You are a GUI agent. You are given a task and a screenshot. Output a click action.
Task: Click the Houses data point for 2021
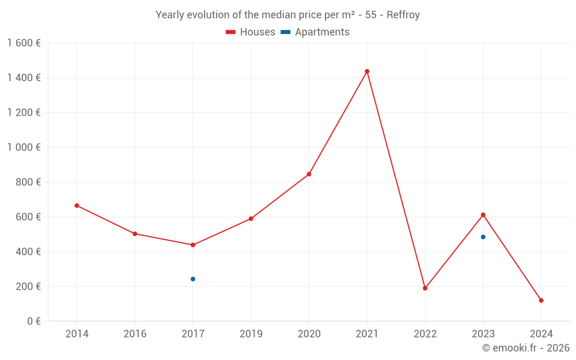click(367, 71)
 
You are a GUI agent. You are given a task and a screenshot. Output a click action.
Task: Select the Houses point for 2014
click(77, 206)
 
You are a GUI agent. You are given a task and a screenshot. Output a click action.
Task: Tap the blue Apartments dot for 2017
click(193, 279)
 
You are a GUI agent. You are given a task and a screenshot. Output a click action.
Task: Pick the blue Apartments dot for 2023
click(483, 237)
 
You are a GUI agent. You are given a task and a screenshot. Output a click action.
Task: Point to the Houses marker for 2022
click(425, 288)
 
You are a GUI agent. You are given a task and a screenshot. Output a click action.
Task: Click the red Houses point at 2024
click(541, 300)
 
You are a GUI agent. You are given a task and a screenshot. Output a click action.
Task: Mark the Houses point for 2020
click(309, 174)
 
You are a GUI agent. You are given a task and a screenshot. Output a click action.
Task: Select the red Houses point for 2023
click(483, 215)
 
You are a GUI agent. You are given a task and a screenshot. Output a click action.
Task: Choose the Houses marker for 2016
click(135, 234)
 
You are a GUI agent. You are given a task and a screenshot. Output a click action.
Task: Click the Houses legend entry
click(251, 32)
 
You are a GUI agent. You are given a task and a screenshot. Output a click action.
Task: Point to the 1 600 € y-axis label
click(24, 43)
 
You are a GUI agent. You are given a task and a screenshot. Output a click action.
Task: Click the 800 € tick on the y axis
click(29, 182)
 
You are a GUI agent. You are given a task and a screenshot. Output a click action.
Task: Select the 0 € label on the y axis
click(33, 321)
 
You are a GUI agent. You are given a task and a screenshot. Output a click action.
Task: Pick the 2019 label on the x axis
click(251, 334)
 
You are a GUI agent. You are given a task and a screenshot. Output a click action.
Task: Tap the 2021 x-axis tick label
click(367, 334)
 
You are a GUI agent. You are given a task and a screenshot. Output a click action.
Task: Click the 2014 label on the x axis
click(77, 334)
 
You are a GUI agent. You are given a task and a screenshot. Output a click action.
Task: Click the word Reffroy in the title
click(403, 15)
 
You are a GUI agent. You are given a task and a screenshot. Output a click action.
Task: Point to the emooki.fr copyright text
click(526, 348)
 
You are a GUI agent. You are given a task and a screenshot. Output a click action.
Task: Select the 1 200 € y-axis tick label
click(24, 113)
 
